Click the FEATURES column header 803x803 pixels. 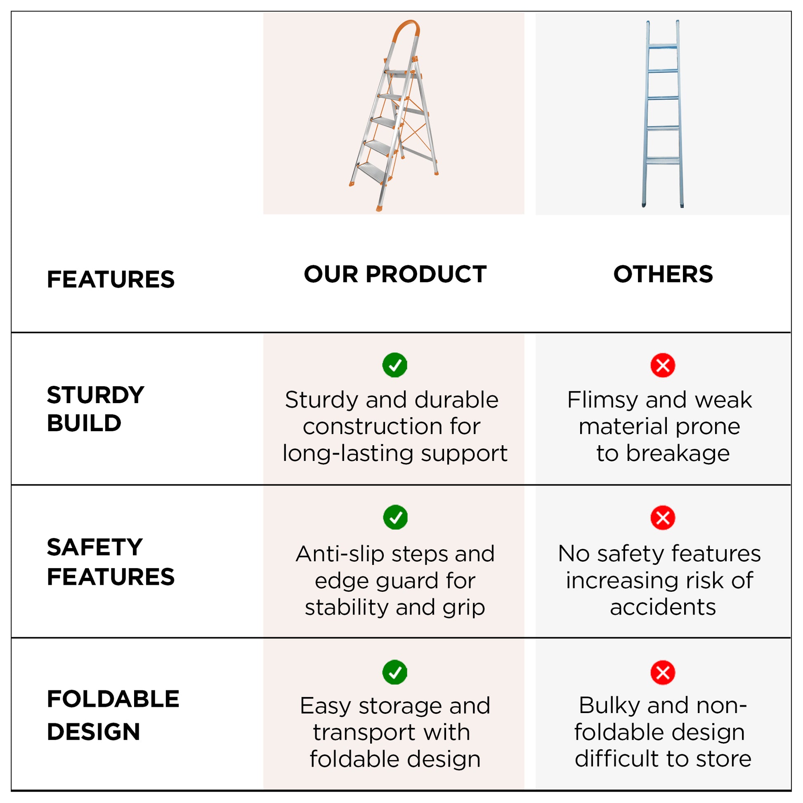pyautogui.click(x=111, y=279)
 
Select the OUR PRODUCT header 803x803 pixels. pyautogui.click(x=395, y=274)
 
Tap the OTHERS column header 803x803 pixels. pyautogui.click(x=663, y=274)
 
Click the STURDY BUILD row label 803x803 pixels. pyautogui.click(x=96, y=409)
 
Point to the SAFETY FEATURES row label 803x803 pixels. pyautogui.click(x=111, y=562)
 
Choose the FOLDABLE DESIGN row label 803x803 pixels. pyautogui.click(x=113, y=715)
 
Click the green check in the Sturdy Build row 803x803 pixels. pyautogui.click(x=395, y=365)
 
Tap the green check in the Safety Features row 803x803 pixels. pyautogui.click(x=395, y=517)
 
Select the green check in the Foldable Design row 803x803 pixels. pyautogui.click(x=395, y=672)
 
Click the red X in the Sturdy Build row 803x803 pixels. pyautogui.click(x=663, y=365)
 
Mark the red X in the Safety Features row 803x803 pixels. pyautogui.click(x=663, y=518)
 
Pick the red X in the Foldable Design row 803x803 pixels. pyautogui.click(x=663, y=673)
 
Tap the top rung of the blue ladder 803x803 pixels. pyautogui.click(x=663, y=46)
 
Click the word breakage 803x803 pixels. pyautogui.click(x=678, y=453)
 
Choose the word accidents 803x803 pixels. pyautogui.click(x=663, y=607)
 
